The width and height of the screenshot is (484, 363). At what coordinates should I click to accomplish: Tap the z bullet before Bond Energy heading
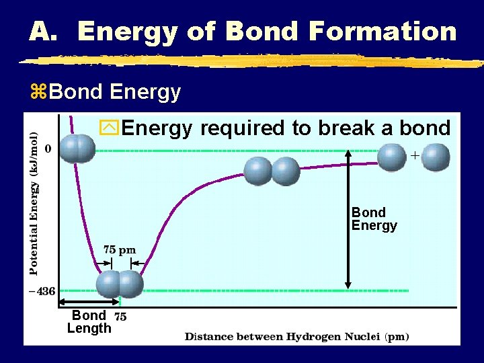38,92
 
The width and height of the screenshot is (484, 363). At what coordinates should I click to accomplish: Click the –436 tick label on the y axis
42,291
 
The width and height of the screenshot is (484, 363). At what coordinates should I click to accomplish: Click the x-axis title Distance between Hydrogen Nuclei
296,336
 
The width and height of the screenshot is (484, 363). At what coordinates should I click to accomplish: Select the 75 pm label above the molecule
120,250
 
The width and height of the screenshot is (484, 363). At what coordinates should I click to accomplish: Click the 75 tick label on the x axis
120,315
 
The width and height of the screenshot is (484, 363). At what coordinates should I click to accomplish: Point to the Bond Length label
89,321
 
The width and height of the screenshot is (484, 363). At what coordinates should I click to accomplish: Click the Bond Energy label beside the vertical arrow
374,219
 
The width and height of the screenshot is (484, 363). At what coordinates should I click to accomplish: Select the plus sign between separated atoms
415,155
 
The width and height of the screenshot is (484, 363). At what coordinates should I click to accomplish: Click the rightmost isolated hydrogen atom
436,157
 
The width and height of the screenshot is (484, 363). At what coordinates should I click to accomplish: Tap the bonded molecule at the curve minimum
120,284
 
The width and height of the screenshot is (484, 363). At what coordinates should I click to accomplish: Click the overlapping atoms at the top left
77,149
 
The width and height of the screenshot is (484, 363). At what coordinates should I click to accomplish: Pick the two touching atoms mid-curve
271,171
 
